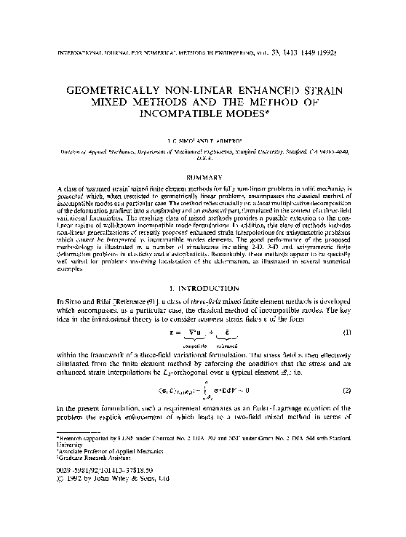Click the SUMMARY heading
click(x=203, y=176)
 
